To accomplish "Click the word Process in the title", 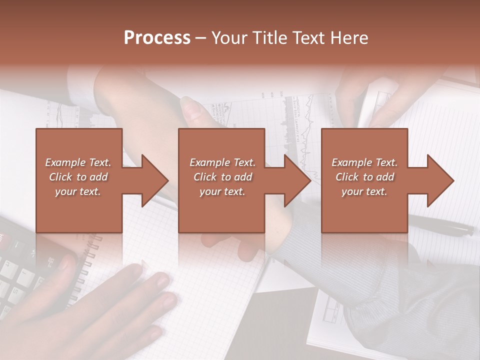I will click(157, 38).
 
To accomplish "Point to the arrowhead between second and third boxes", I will click(297, 180).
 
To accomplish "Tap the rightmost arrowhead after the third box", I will click(440, 180).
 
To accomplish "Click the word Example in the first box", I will click(65, 162).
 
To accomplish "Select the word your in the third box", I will click(352, 191).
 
